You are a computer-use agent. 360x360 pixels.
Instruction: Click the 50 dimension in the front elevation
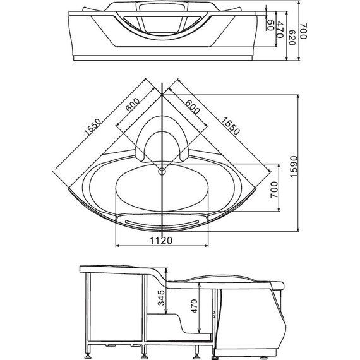click(270, 25)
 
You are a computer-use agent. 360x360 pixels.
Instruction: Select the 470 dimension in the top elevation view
click(280, 30)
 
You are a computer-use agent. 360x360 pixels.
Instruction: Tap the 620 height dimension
click(291, 37)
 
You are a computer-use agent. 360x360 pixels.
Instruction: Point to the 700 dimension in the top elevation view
click(303, 31)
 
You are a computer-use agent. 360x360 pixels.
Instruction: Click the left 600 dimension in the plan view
click(132, 105)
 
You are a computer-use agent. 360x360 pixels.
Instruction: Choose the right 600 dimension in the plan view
click(193, 107)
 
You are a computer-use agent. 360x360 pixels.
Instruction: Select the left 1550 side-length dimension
click(92, 126)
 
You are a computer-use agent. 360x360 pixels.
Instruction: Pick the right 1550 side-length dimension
click(231, 126)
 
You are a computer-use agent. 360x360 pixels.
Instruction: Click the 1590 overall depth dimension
click(294, 167)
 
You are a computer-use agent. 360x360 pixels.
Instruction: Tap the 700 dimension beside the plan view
click(274, 189)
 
